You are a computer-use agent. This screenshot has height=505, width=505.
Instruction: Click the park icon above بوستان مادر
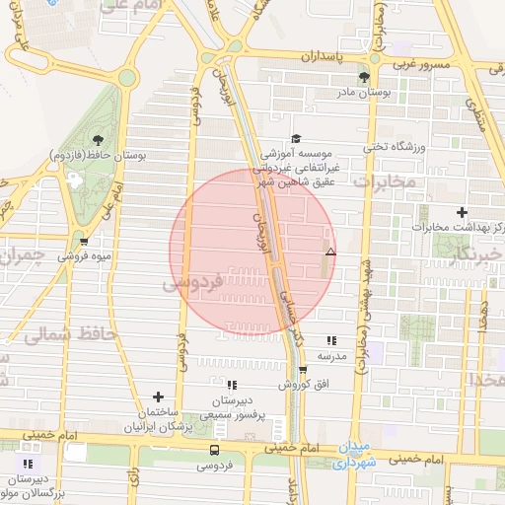pos(364,77)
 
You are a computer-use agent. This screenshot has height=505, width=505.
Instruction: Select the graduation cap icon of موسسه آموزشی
pos(295,140)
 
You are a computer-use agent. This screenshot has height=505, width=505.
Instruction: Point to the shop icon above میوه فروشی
pos(84,242)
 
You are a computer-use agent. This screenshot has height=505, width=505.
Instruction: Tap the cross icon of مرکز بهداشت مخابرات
pos(462,212)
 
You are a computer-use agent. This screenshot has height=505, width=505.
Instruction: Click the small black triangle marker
pos(330,252)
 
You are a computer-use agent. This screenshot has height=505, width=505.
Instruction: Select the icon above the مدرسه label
pos(330,339)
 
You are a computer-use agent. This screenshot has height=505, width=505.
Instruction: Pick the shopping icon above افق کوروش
pos(303,370)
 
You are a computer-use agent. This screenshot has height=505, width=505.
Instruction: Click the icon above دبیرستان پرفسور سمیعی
pos(231,386)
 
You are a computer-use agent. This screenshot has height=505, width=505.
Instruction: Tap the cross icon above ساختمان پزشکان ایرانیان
pos(157,397)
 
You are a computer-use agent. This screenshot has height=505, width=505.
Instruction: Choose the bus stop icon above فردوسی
pos(214,449)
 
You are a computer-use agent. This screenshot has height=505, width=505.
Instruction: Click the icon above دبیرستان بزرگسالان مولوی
pos(29,464)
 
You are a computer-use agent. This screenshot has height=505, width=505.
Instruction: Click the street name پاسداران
pos(352,57)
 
